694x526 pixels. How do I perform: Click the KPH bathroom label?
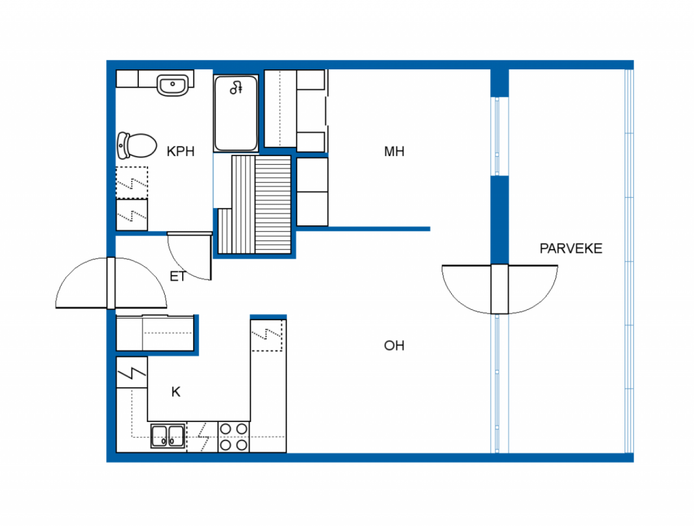pos(180,151)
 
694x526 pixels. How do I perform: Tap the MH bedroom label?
pos(394,151)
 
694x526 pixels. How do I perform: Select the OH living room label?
pos(394,346)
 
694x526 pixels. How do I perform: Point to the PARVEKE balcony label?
pos(571,249)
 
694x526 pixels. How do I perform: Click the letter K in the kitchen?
pos(176,392)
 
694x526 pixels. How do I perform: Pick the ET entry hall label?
pos(178,277)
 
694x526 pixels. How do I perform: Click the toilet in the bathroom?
pos(137,145)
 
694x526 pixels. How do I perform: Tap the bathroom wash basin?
pos(172,85)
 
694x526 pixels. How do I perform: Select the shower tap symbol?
pos(236,88)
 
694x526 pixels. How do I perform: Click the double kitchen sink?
pos(168,436)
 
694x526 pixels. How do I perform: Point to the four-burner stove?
pos(233,437)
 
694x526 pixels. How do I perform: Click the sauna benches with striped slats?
pos(254,205)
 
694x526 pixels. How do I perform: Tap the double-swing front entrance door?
pos(111,283)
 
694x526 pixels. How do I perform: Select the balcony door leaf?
pos(499,289)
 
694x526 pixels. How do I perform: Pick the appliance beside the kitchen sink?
pos(202,437)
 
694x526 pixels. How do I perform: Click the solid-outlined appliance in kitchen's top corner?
pos(132,372)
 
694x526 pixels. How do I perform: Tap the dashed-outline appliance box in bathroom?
pos(132,183)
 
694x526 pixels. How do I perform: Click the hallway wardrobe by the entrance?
pos(155,333)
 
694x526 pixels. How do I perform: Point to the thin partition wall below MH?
pos(363,229)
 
